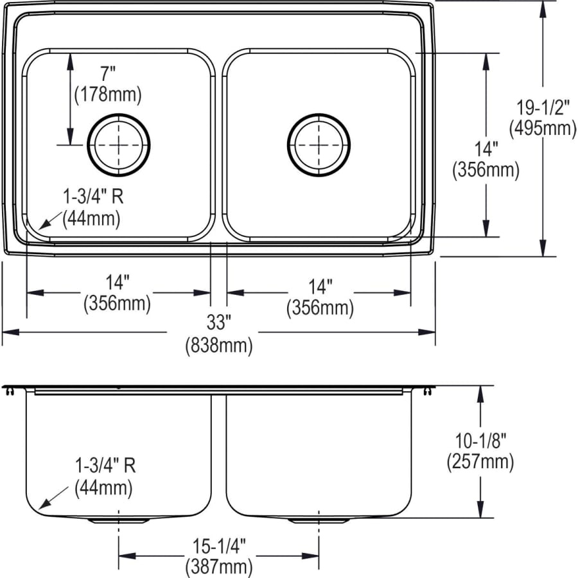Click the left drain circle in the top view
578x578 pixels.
click(x=119, y=145)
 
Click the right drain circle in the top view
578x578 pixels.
click(x=319, y=145)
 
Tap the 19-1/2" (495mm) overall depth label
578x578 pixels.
click(x=542, y=118)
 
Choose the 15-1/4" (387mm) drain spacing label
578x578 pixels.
click(x=218, y=556)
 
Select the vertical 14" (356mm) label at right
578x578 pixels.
click(x=486, y=159)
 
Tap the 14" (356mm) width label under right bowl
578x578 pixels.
click(x=319, y=297)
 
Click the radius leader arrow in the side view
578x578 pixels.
click(x=48, y=502)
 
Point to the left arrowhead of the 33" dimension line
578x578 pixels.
click(x=9, y=332)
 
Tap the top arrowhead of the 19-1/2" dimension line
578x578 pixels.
click(x=543, y=8)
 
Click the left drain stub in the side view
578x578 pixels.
click(x=119, y=520)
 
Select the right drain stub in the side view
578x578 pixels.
click(x=319, y=520)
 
